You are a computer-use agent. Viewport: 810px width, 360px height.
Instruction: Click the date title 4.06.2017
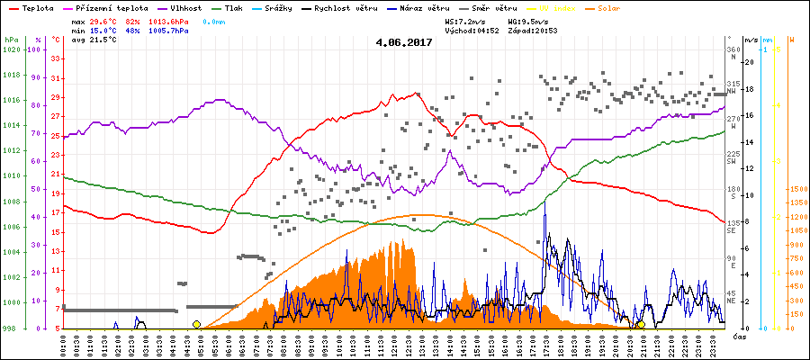404,41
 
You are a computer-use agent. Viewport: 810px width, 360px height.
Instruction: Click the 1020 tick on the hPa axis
11,49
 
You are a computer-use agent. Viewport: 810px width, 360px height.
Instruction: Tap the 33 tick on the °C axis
56,58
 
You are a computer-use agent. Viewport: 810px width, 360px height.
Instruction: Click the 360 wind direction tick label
733,49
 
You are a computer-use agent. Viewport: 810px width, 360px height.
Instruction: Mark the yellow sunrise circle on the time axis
196,324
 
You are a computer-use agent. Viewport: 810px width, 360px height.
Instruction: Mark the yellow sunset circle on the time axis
641,324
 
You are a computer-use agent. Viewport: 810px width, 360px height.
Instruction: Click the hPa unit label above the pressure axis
10,40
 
